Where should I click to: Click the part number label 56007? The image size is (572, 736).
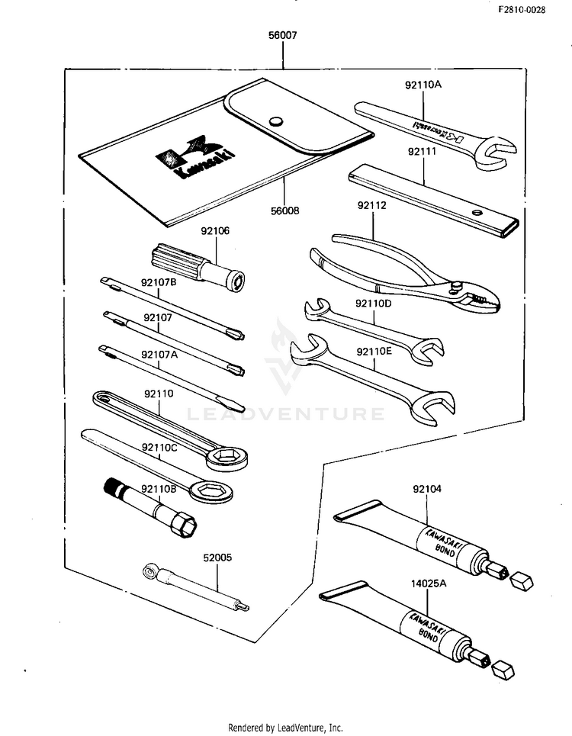point(282,35)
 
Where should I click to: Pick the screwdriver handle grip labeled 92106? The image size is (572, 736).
point(178,261)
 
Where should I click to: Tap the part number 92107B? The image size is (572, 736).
point(159,282)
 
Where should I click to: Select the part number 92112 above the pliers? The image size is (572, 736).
point(372,205)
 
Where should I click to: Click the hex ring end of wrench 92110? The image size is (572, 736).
point(230,458)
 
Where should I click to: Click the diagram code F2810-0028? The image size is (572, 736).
point(522,10)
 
